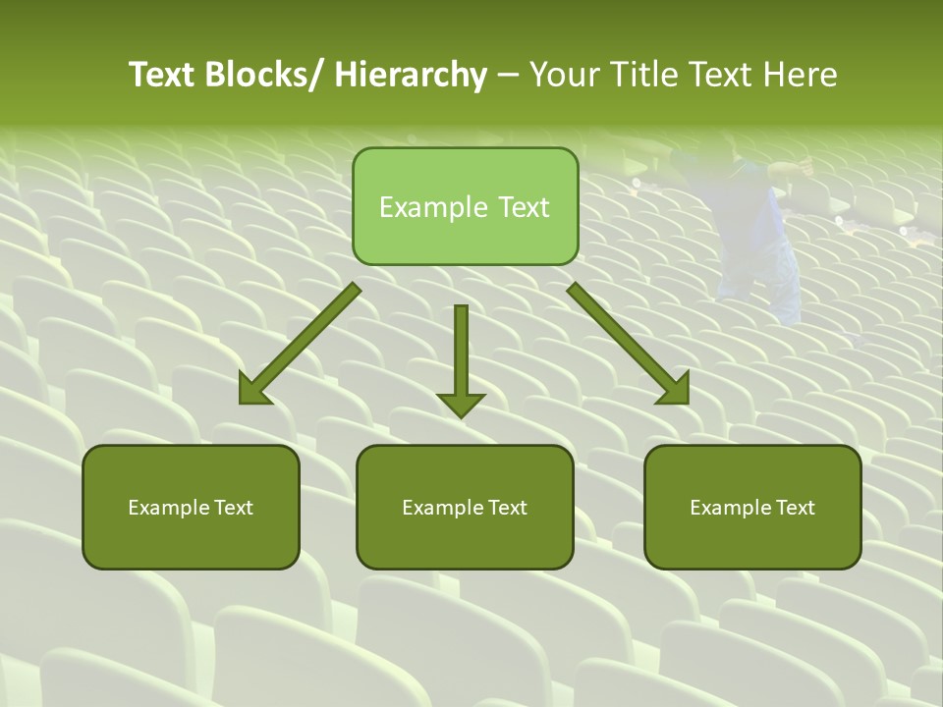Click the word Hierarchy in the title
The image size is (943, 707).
(411, 75)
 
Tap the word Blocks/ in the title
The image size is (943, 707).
(266, 75)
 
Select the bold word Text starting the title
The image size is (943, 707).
(162, 75)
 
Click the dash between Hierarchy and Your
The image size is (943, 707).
(508, 77)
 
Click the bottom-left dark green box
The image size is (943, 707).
(191, 507)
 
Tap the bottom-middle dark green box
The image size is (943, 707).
(465, 507)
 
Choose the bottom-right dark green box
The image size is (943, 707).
(752, 507)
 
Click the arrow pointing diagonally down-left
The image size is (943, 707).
(300, 344)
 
